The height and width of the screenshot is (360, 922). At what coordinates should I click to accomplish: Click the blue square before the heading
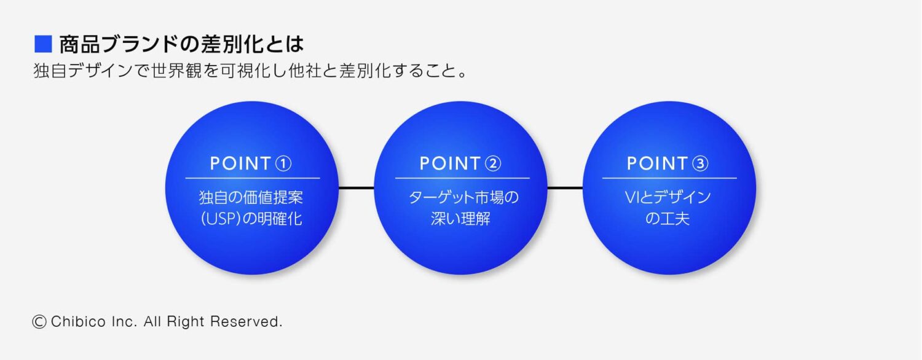[42, 44]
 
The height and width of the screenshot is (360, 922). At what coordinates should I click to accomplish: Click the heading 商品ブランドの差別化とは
[181, 44]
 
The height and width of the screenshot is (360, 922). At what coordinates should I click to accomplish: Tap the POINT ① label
[251, 163]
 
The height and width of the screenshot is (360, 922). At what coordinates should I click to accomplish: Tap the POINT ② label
[460, 163]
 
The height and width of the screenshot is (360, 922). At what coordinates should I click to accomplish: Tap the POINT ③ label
[668, 163]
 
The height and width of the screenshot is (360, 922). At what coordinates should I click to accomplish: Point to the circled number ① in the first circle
[283, 163]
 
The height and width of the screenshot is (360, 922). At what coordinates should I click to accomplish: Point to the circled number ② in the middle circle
[493, 163]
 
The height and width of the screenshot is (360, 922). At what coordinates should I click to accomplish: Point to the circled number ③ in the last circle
[700, 163]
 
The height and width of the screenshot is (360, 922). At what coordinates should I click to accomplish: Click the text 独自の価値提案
[251, 198]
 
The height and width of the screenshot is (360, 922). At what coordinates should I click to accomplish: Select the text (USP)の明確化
[251, 219]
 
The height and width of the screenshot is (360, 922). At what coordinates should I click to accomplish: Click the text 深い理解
[460, 219]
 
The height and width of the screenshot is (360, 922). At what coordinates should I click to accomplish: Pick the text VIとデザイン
[668, 198]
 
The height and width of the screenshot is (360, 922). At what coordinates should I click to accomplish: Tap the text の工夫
[668, 219]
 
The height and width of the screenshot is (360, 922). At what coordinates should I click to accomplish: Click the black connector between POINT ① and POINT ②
[356, 187]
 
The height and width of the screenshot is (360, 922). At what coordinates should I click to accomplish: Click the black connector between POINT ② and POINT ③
[565, 187]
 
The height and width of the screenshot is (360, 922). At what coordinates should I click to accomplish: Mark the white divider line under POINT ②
[462, 178]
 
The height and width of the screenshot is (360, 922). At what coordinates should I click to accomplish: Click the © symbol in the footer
[39, 321]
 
